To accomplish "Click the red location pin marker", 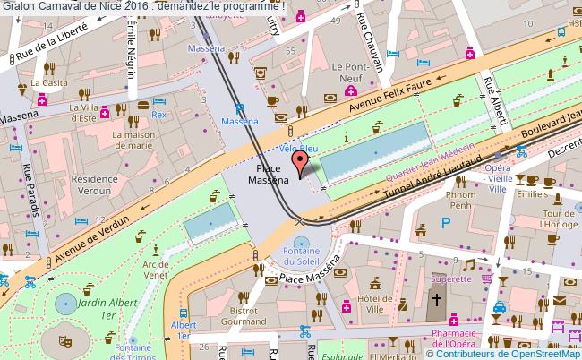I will coord(301,162).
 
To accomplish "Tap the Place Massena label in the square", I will coord(269,174).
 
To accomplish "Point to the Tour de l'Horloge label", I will coord(557,219).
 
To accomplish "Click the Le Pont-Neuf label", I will coord(352,72).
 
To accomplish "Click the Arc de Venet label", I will coord(155,269).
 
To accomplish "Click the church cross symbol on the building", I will coord(438,300).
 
